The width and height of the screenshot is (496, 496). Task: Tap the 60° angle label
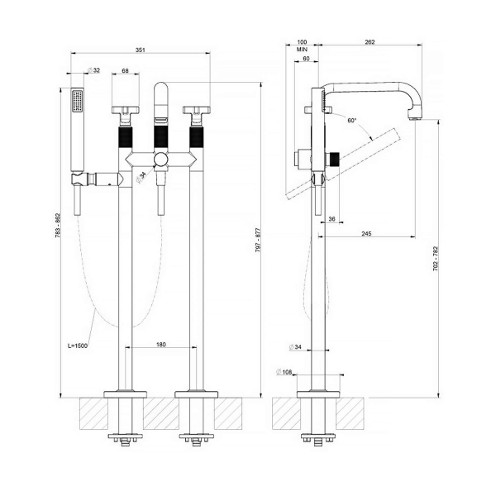(352, 121)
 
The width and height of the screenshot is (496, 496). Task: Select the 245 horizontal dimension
(365, 235)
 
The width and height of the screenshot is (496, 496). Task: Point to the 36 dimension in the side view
(331, 218)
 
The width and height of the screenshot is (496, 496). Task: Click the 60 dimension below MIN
(306, 60)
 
